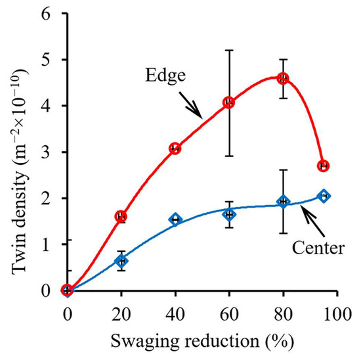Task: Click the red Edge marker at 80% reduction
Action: click(284, 78)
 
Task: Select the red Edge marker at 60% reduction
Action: click(229, 102)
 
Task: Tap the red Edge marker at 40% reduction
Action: click(175, 148)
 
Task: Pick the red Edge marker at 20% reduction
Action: click(121, 216)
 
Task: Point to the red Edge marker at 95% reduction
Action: click(324, 166)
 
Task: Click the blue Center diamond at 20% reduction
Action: click(121, 261)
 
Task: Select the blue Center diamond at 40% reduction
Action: click(175, 219)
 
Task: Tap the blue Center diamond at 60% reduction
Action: click(229, 214)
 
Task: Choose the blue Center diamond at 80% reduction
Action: click(284, 202)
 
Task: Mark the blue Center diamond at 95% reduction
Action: click(324, 196)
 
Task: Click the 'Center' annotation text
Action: click(314, 249)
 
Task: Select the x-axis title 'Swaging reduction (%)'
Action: click(202, 342)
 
